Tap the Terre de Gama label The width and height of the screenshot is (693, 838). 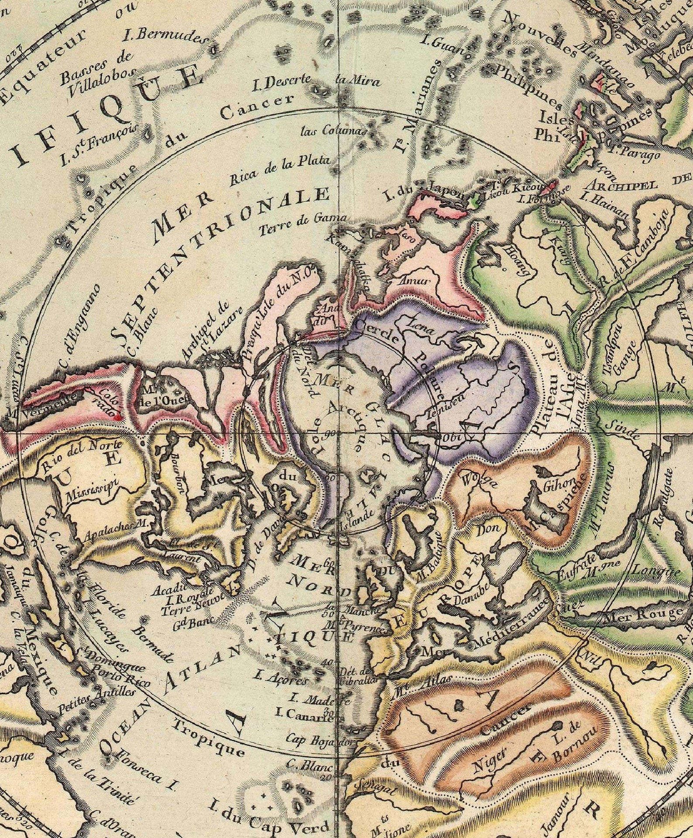[x=304, y=225]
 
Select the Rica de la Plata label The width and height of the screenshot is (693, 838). [x=279, y=170]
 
